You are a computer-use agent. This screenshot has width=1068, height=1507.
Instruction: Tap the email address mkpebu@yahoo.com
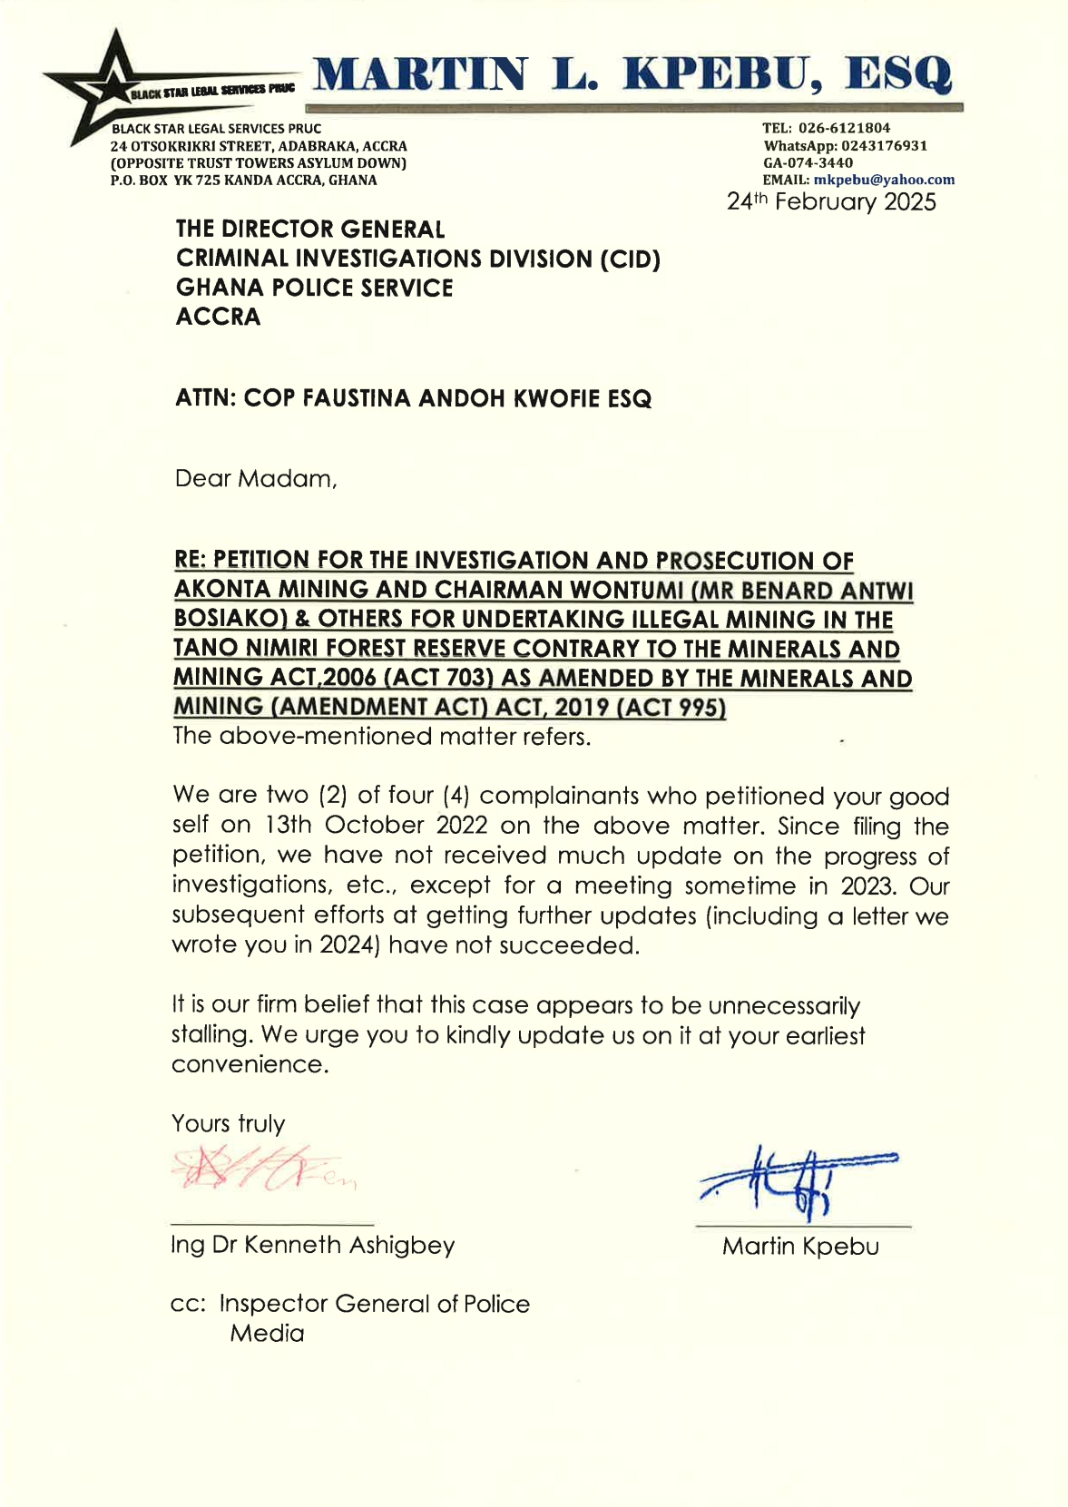883,180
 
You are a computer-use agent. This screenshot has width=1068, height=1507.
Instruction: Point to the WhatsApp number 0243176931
883,145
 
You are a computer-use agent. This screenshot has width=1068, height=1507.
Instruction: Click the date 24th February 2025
830,201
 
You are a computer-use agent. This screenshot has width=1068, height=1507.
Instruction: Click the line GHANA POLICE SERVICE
314,288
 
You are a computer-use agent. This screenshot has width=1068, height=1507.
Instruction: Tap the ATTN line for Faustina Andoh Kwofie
413,398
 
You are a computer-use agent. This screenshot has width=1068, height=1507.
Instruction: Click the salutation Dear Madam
255,478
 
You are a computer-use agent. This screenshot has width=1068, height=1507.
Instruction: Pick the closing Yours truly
228,1123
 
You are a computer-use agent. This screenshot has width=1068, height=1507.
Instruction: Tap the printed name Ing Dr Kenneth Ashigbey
312,1244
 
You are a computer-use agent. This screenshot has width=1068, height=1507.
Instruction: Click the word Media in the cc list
267,1333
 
